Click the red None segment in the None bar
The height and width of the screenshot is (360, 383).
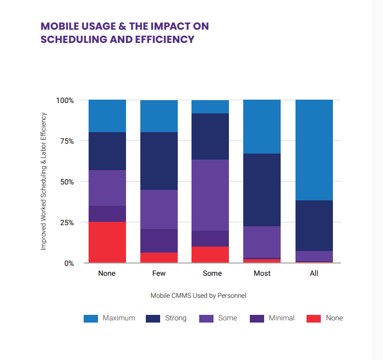[107, 242]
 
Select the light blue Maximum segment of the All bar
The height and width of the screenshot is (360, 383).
[314, 150]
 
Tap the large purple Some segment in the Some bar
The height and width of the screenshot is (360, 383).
[210, 195]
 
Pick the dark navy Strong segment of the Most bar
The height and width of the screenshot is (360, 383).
[262, 190]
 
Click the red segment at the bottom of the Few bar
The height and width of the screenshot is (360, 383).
[159, 258]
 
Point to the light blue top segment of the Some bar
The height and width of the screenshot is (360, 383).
[210, 107]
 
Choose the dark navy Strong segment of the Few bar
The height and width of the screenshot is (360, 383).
[159, 161]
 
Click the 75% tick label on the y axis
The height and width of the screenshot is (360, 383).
[65, 141]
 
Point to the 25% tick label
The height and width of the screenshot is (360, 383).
[65, 222]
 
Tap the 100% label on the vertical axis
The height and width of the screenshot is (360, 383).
[64, 100]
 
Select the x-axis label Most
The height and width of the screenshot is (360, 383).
[262, 274]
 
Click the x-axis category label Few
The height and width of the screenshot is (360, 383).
[159, 274]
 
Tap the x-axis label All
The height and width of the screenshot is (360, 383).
[314, 274]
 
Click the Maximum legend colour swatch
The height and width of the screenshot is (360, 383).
[90, 318]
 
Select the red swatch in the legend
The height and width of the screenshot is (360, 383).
[313, 318]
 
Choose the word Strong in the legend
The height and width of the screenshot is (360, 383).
[176, 318]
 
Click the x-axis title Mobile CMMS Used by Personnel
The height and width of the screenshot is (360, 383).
[198, 296]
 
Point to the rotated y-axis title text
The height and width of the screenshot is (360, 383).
[43, 182]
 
